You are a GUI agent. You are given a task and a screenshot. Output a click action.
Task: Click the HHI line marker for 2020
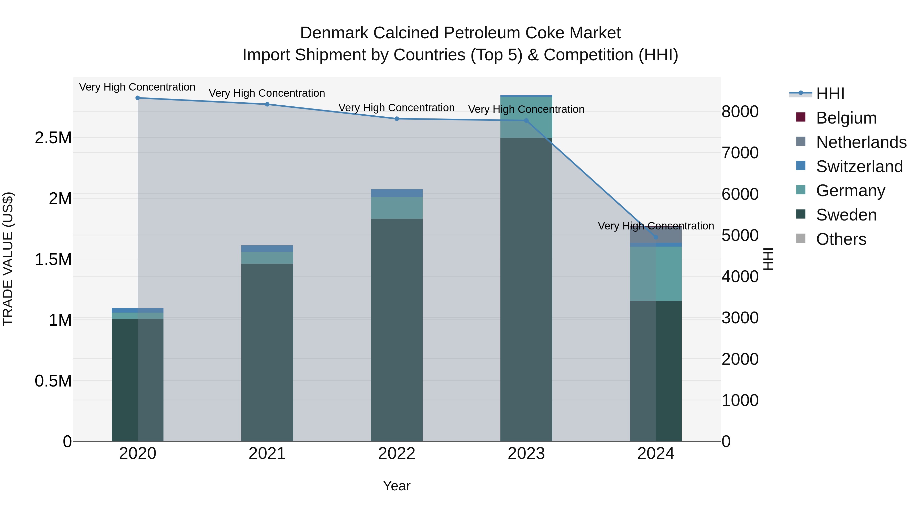point(138,98)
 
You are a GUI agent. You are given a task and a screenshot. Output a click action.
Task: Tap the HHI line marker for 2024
point(655,237)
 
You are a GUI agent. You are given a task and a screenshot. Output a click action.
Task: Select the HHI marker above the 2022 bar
point(397,119)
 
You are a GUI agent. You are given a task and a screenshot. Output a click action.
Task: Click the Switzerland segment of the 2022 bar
point(397,193)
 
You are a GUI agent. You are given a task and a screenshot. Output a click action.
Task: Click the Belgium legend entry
point(846,118)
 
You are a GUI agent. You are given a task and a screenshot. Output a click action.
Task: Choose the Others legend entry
point(841,239)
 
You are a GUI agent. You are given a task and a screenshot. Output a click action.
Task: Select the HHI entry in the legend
point(830,94)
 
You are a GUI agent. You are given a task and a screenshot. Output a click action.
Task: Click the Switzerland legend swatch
point(801,166)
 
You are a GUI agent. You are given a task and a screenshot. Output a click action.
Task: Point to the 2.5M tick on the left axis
point(53,138)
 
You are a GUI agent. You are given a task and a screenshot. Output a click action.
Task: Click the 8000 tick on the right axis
point(740,112)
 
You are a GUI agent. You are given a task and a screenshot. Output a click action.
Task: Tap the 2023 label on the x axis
point(526,454)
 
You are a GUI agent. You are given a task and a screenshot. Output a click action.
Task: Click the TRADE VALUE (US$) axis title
point(8,259)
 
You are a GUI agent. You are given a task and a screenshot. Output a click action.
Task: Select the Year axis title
point(397,486)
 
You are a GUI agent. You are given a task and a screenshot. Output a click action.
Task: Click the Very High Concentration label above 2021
point(267,93)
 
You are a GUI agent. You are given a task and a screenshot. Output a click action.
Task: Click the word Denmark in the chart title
point(334,33)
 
